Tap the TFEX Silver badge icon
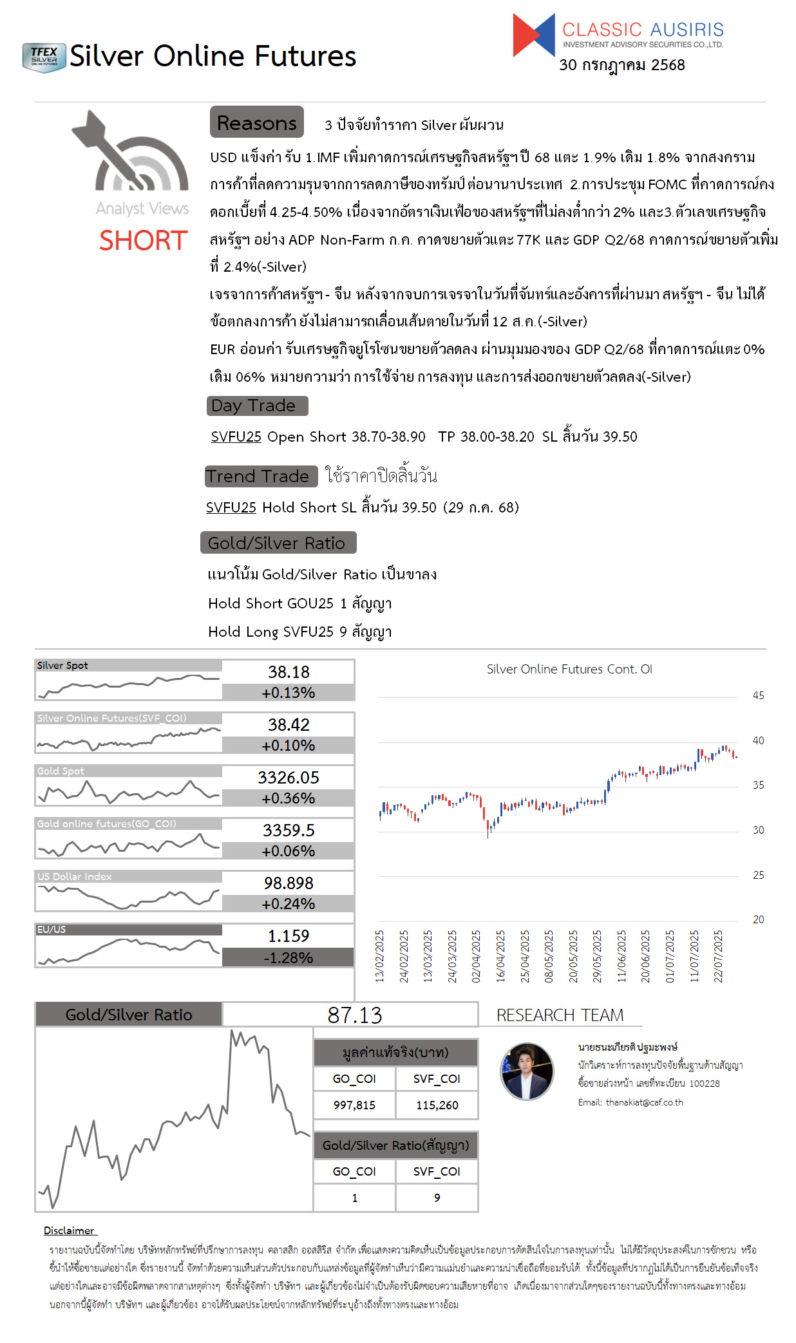click(44, 57)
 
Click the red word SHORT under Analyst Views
click(143, 241)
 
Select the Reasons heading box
click(256, 122)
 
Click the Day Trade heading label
click(256, 406)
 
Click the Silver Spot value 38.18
click(289, 672)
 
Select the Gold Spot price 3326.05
click(289, 778)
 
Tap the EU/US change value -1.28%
click(289, 958)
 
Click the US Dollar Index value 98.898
click(289, 883)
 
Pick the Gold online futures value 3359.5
click(289, 831)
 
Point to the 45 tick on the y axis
click(758, 696)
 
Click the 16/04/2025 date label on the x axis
click(500, 956)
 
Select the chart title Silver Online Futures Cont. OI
click(569, 670)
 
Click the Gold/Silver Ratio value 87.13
click(354, 1015)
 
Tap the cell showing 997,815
click(354, 1105)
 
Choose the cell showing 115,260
click(437, 1105)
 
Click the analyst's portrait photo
click(527, 1071)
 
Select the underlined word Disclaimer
click(69, 1231)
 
